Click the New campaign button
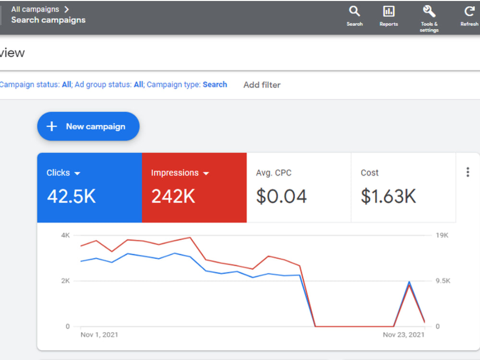[88, 126]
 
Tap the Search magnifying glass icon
[354, 12]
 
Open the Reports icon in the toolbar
[389, 12]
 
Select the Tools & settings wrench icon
[429, 12]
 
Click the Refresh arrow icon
[469, 12]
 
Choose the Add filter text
[262, 85]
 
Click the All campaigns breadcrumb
[35, 9]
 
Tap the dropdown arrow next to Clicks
[77, 174]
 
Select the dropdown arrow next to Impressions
[206, 174]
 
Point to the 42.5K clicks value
[72, 196]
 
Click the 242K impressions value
[173, 196]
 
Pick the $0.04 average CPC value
[281, 196]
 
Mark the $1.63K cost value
[388, 196]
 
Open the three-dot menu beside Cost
[468, 172]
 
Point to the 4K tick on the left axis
[65, 235]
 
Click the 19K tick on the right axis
[442, 235]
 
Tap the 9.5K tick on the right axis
[443, 281]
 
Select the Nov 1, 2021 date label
[99, 335]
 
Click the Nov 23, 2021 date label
[404, 335]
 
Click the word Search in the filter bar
[215, 84]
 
